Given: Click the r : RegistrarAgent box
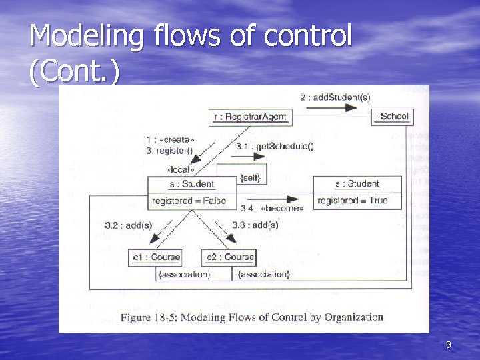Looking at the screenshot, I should click(251, 117).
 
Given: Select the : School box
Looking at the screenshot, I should click(391, 117).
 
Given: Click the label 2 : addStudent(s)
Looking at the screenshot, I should click(335, 97).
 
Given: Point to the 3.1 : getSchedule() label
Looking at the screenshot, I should click(265, 146).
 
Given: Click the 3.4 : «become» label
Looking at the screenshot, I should click(272, 209).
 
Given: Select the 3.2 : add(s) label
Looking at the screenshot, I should click(129, 225).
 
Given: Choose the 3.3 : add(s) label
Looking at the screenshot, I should click(255, 225).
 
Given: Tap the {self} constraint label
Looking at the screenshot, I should click(249, 178).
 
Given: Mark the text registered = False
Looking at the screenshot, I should click(189, 201).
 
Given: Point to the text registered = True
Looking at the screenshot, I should click(352, 201).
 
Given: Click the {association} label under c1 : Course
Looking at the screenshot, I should click(184, 274).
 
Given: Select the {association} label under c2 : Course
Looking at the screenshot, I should click(264, 274).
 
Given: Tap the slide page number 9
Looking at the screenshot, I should click(448, 345).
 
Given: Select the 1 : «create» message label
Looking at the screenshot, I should click(171, 140).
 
